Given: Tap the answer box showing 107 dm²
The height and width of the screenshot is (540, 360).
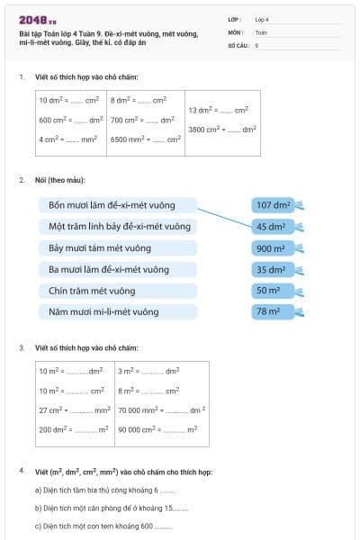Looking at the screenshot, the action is coord(274,205).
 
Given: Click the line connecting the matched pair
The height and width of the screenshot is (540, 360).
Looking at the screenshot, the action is coord(225,216).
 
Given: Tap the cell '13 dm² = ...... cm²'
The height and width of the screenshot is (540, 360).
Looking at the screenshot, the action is coord(218,110).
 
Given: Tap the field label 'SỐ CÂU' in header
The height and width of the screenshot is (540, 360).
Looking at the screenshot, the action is coord(238,44).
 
